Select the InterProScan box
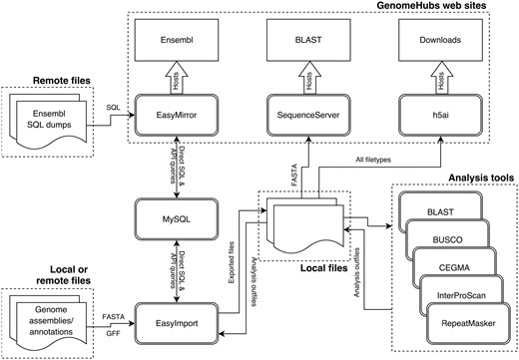coord(462,296)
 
